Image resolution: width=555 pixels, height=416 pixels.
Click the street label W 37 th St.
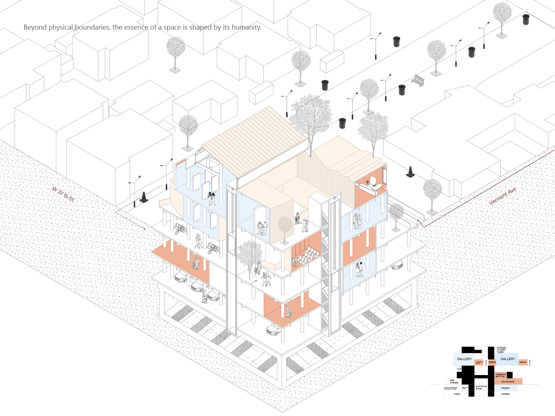63,194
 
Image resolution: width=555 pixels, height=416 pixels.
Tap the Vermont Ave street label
502,196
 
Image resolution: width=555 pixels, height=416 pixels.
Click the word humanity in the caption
246,28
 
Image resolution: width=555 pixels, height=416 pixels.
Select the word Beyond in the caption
35,28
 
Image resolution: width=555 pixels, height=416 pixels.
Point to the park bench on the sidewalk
418,81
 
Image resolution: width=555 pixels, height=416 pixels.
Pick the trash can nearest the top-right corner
526,19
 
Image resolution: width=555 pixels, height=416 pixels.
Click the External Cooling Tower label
501,350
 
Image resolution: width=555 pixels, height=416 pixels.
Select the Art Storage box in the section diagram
508,382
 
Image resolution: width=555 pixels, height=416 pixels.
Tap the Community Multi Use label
500,375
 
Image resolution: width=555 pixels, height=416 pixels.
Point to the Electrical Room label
481,388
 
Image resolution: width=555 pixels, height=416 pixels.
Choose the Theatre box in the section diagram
523,362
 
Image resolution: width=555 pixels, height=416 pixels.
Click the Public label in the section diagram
457,394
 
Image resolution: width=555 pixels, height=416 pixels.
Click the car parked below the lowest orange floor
273,330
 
